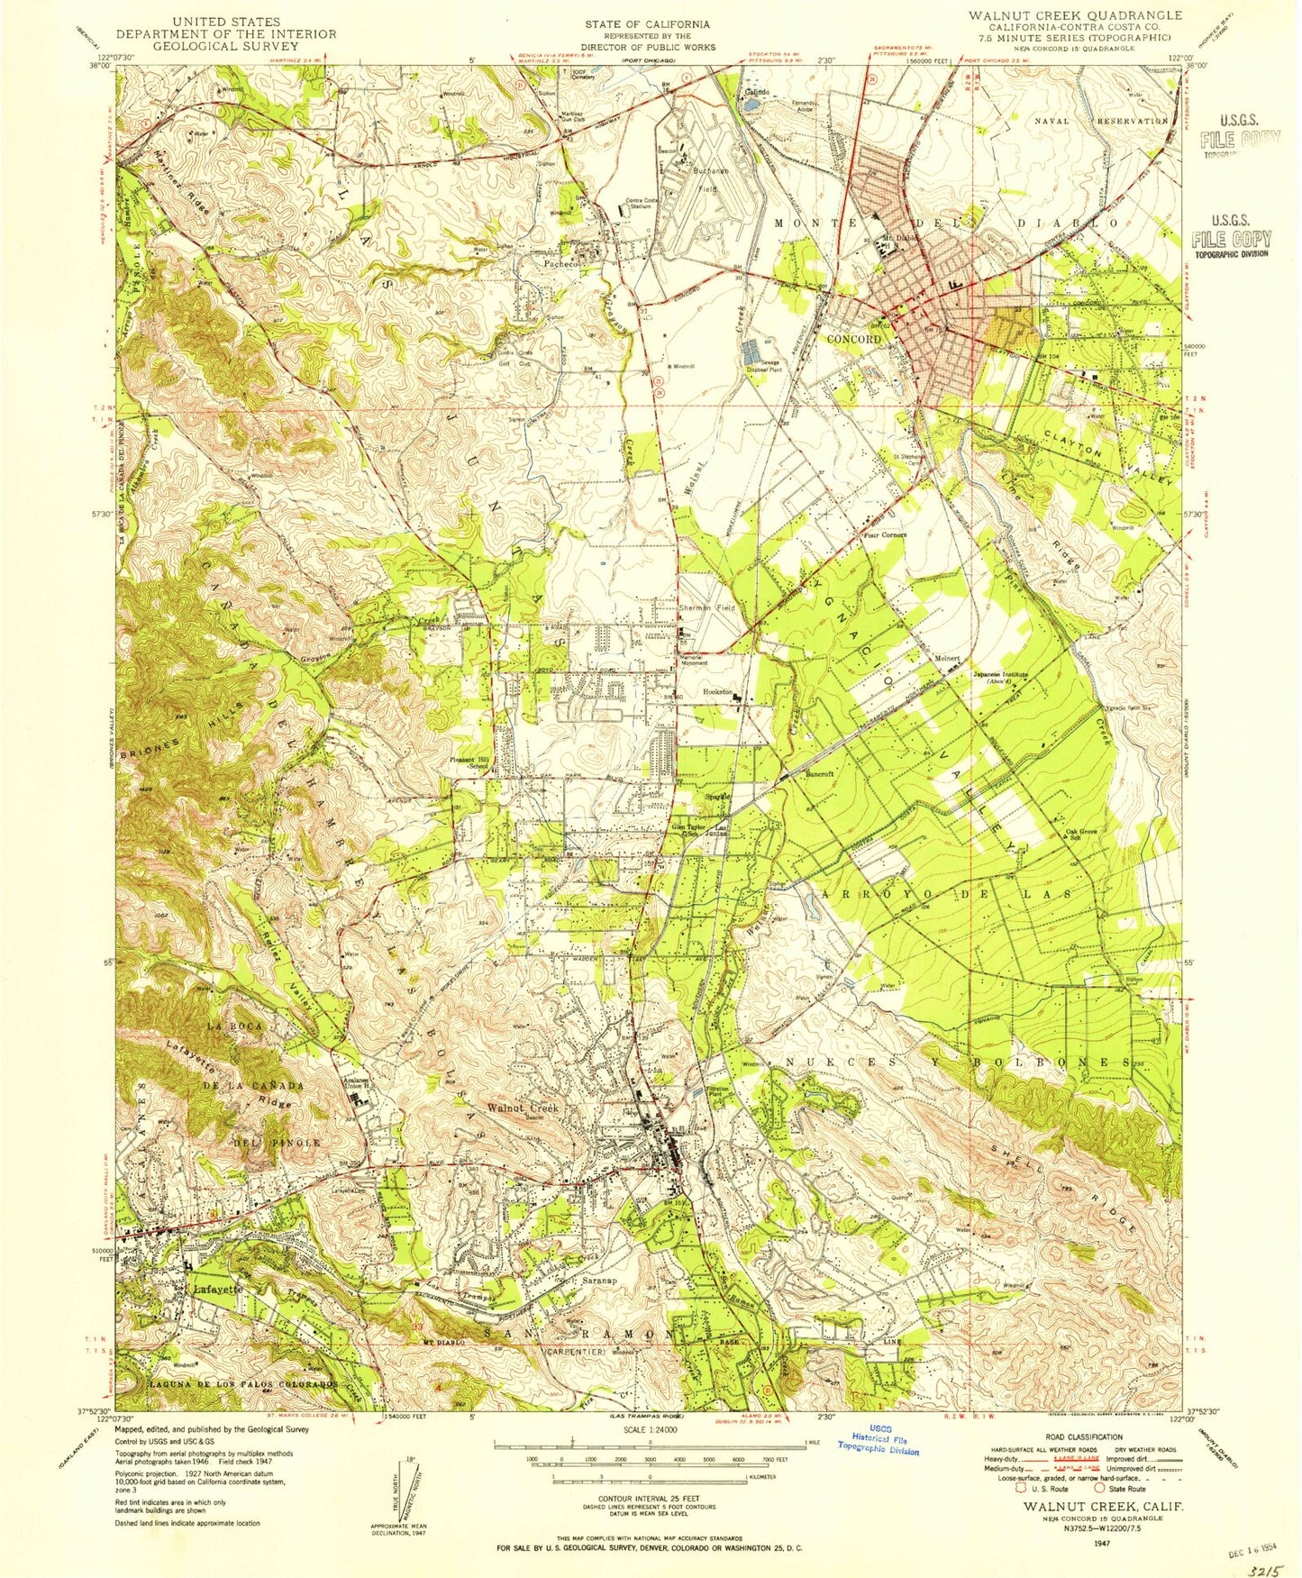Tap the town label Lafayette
[217, 1290]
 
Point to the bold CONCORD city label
[853, 340]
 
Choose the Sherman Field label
[707, 608]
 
